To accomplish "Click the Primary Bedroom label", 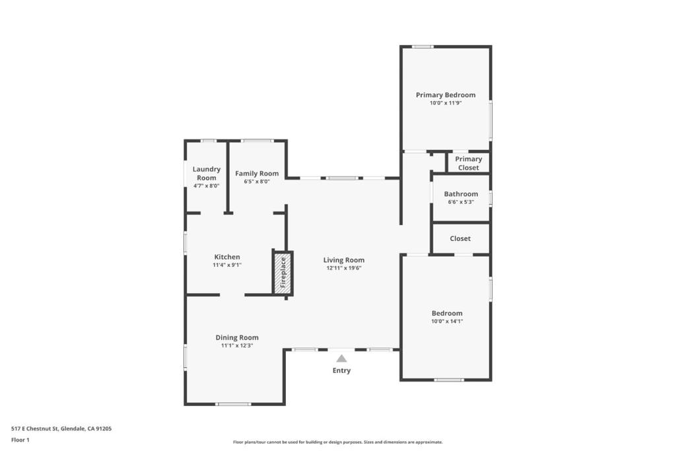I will point(445,95).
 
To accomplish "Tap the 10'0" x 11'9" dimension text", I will point(445,103).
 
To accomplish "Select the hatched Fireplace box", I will point(283,271).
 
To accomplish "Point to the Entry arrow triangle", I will point(341,359).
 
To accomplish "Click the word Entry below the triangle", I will point(341,370).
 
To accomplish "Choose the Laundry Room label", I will point(206,174).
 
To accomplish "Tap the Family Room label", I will point(257,174).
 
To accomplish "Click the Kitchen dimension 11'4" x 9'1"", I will point(226,265).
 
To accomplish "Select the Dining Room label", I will point(237,337).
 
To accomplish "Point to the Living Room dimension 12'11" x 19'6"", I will point(343,268).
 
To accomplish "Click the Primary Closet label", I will point(469,163).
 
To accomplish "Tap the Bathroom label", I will point(461,194).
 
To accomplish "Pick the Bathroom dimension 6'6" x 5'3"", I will point(461,202).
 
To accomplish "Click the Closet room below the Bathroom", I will point(460,238).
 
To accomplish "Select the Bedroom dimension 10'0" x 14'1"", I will point(447,322).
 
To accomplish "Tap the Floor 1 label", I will point(20,440).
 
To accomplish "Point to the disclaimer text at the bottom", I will point(337,442).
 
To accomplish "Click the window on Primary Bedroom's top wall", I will point(422,46).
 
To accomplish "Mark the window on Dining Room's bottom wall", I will point(233,404).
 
